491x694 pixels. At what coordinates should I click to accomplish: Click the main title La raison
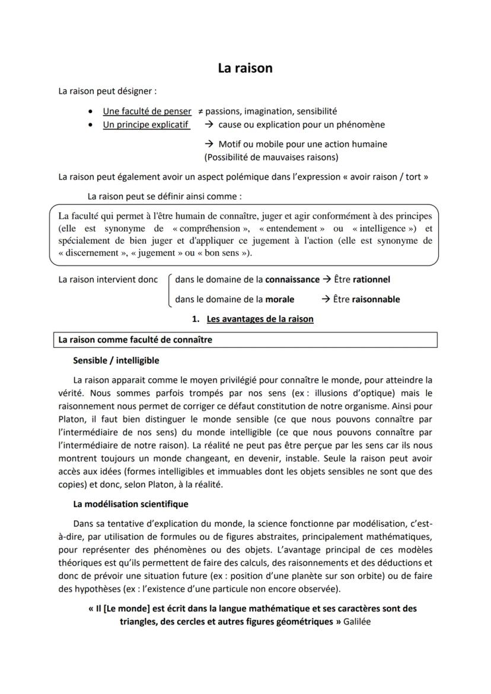pyautogui.click(x=245, y=68)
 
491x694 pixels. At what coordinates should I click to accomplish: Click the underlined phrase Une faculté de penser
pyautogui.click(x=147, y=111)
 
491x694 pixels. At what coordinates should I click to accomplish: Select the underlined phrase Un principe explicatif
pyautogui.click(x=146, y=124)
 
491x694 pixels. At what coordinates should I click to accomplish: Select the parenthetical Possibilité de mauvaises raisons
pyautogui.click(x=271, y=157)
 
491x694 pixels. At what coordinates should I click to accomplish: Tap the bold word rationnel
pyautogui.click(x=371, y=279)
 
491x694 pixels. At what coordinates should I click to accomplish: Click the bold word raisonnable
pyautogui.click(x=375, y=299)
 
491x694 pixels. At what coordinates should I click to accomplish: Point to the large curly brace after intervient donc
pyautogui.click(x=170, y=290)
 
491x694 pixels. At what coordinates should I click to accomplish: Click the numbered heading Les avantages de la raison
pyautogui.click(x=260, y=319)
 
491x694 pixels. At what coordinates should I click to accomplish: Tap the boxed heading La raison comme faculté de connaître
pyautogui.click(x=135, y=340)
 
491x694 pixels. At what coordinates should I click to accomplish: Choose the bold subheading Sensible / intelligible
pyautogui.click(x=116, y=360)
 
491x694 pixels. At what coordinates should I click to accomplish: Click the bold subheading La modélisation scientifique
pyautogui.click(x=130, y=504)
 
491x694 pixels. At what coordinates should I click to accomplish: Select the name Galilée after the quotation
pyautogui.click(x=357, y=622)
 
